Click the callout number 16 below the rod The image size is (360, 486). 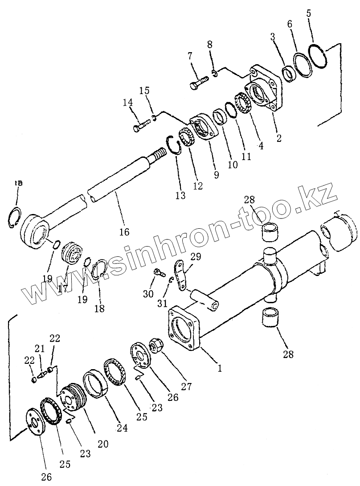point(124,232)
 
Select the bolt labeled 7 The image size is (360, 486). point(199,83)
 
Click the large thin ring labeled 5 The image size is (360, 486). point(317,57)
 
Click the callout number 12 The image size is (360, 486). point(197,185)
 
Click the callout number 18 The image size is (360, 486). point(100,308)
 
